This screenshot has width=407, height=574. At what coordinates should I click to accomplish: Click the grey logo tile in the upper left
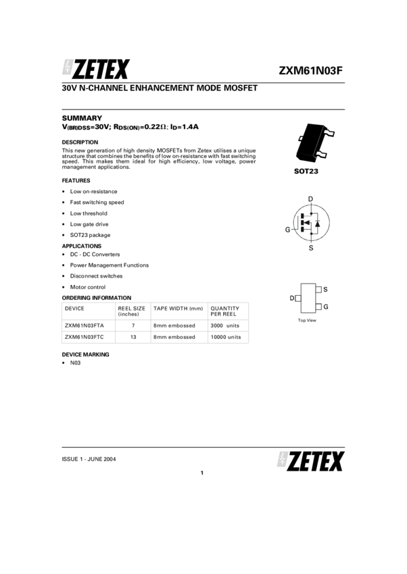[68, 67]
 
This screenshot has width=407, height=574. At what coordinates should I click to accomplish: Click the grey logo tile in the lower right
[283, 459]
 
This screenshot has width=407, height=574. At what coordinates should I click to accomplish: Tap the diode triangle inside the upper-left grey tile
[67, 68]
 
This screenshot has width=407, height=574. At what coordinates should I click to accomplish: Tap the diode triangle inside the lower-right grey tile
[282, 461]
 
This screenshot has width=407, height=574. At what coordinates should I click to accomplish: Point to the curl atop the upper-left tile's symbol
[69, 61]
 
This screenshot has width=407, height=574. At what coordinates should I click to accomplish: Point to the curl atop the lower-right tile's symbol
[284, 454]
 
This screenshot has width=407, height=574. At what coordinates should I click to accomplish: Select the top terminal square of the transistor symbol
[310, 199]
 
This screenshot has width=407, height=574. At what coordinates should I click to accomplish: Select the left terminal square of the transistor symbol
[288, 230]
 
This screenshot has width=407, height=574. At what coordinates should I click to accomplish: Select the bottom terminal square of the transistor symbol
[311, 248]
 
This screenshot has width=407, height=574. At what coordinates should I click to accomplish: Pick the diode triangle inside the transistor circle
[318, 223]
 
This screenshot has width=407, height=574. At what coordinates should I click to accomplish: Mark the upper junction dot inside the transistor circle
[311, 213]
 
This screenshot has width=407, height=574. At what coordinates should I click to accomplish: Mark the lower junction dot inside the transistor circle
[311, 233]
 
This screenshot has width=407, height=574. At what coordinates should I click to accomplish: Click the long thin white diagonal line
[318, 141]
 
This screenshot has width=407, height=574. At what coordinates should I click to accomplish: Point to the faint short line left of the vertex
[306, 155]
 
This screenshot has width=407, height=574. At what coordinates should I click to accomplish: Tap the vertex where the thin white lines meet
[314, 157]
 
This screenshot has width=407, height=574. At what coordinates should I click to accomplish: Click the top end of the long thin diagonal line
[323, 126]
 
